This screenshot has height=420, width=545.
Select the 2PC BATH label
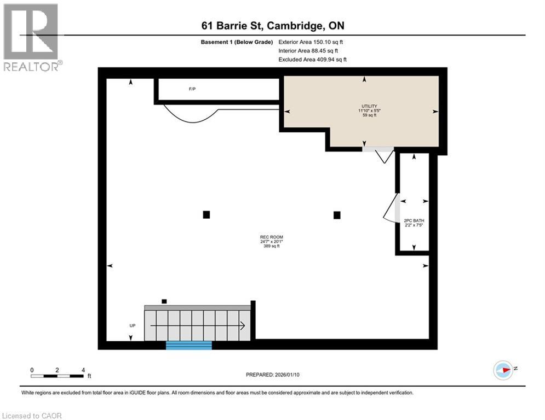pos(414,221)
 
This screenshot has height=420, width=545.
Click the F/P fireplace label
pos(192,89)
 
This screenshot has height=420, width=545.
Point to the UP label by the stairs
pos(132,325)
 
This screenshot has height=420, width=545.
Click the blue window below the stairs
pos(189,345)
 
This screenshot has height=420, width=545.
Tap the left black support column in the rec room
pos(206,214)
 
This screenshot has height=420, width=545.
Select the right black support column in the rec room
pos(337,215)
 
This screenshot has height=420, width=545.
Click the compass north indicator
pos(504,370)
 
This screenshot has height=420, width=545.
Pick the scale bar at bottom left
pos(58,376)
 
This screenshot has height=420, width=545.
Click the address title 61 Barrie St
pos(272,26)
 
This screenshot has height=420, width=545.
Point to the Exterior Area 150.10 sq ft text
pos(311,42)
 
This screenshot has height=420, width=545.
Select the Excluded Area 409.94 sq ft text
pos(312,60)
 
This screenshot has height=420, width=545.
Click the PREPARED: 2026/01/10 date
pos(272,375)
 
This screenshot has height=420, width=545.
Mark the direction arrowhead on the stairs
pos(242,326)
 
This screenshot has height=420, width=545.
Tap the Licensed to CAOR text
pos(33,416)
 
